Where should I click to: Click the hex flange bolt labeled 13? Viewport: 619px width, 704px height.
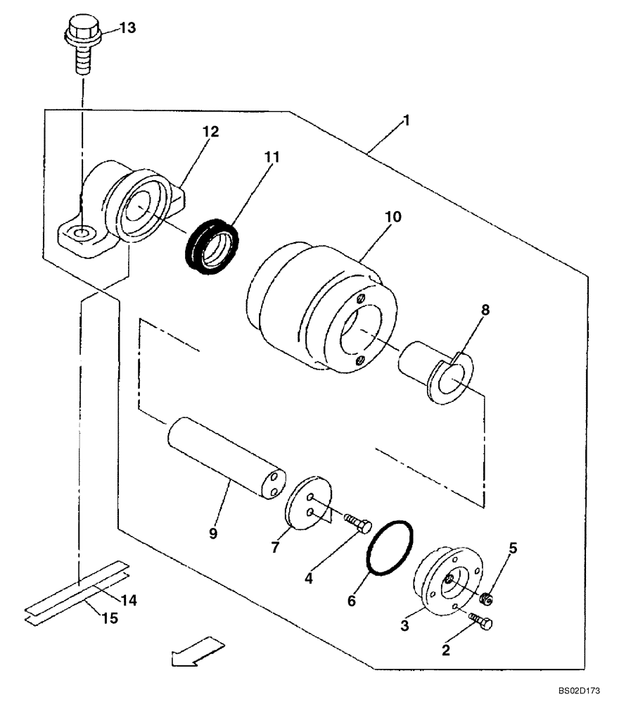(x=82, y=46)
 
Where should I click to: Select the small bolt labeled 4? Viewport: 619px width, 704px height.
(x=359, y=524)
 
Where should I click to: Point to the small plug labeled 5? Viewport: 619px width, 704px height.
(x=485, y=599)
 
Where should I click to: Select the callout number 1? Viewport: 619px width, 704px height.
(x=406, y=120)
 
